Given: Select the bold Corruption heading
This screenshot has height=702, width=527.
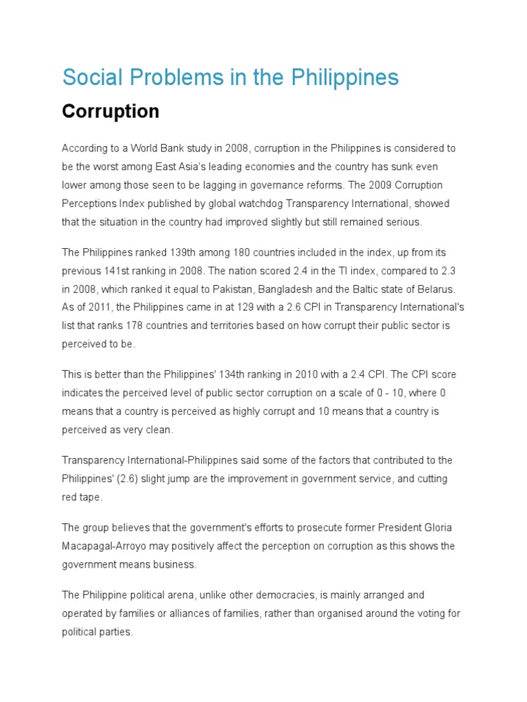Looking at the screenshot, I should pyautogui.click(x=110, y=112).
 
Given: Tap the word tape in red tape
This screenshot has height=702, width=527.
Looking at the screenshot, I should pyautogui.click(x=92, y=496).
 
